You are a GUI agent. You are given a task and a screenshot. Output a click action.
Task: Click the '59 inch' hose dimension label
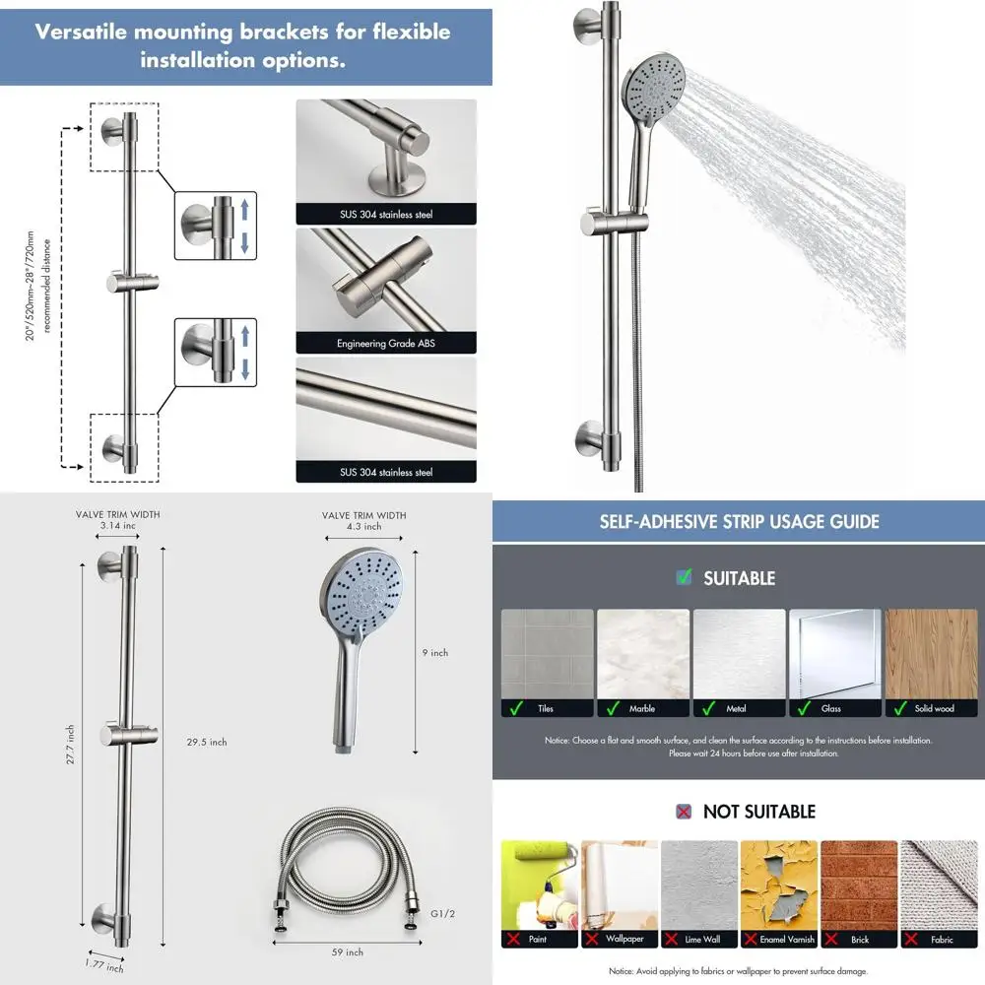[x=348, y=952]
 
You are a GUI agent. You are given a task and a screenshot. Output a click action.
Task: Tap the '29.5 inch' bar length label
[x=209, y=742]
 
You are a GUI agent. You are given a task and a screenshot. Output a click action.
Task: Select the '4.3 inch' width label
[x=363, y=527]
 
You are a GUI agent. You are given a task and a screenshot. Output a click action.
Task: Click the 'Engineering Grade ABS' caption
[x=385, y=344]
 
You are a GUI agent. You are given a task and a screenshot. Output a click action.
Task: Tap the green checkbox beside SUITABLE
[x=684, y=577]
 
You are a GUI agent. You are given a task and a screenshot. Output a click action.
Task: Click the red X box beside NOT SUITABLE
[x=684, y=812]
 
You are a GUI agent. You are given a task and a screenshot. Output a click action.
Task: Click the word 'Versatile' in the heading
[x=81, y=32]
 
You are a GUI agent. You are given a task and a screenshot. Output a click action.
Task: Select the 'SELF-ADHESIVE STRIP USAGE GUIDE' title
[x=739, y=521]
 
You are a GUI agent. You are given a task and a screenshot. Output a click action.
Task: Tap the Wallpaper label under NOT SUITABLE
[x=624, y=940]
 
